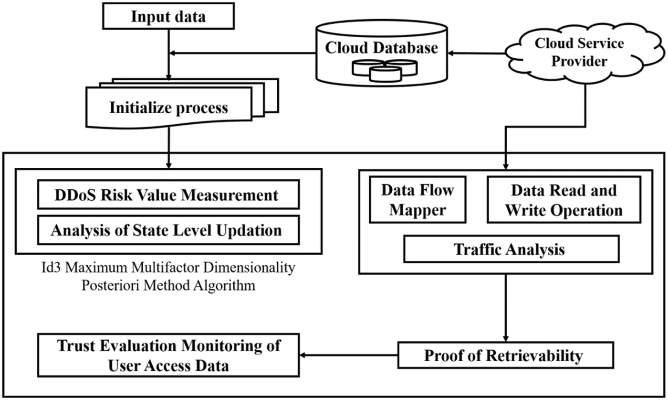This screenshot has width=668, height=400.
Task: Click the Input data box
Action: [x=168, y=17]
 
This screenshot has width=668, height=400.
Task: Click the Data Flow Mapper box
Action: [x=417, y=200]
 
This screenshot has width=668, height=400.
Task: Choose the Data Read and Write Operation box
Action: [x=564, y=200]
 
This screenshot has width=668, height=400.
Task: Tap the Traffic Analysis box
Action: [x=511, y=249]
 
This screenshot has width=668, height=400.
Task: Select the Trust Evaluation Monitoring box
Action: [x=168, y=355]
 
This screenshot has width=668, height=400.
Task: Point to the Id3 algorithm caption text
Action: [x=168, y=276]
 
